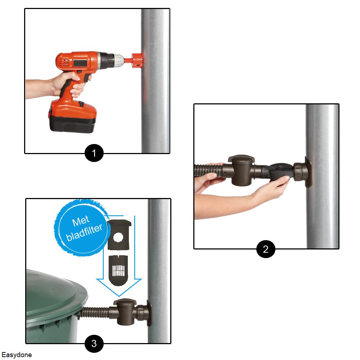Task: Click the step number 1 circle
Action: pyautogui.click(x=94, y=153)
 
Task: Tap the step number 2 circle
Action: pyautogui.click(x=266, y=249)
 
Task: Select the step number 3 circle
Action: pyautogui.click(x=94, y=343)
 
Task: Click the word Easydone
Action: pyautogui.click(x=17, y=355)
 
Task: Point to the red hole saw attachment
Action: pyautogui.click(x=137, y=60)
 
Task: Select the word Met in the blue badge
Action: pyautogui.click(x=81, y=221)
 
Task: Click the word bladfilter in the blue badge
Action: pyautogui.click(x=84, y=232)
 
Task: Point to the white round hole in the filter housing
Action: pyautogui.click(x=118, y=238)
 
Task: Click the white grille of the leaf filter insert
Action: pyautogui.click(x=118, y=271)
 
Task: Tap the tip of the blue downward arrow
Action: pyautogui.click(x=119, y=296)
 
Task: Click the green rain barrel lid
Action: pyautogui.click(x=56, y=292)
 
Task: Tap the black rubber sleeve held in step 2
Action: pyautogui.click(x=280, y=171)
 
